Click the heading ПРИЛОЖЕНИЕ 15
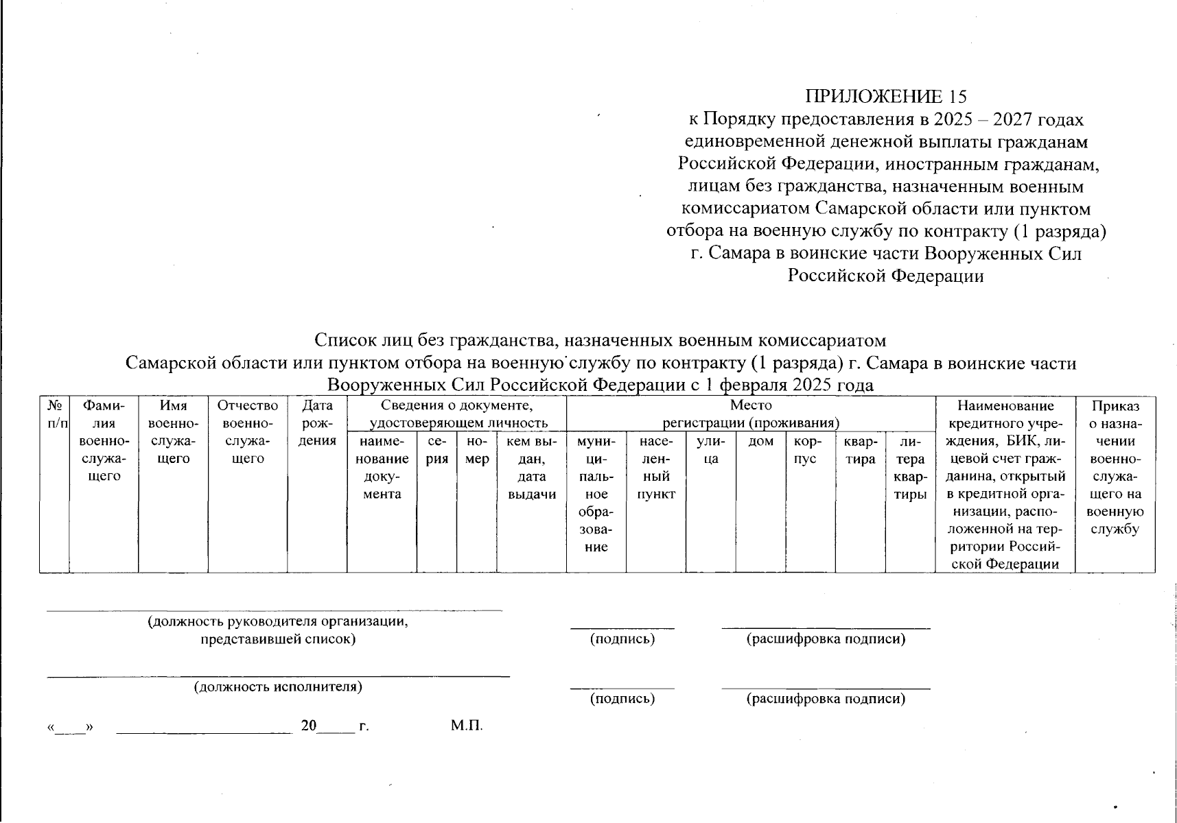point(886,96)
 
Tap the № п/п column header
point(54,414)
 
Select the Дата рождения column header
point(317,423)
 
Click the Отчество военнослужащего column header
point(248,432)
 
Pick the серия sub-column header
point(437,450)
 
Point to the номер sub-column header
point(476,450)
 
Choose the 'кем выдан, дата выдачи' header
point(531,468)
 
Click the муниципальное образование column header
point(596,494)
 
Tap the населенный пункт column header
point(655,468)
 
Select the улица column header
point(710,450)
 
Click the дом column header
point(760,442)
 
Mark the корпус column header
point(810,450)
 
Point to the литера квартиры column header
point(910,468)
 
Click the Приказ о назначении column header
point(1115,468)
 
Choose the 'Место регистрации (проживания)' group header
point(751,414)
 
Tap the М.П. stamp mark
point(467,726)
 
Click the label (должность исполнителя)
point(278,687)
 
